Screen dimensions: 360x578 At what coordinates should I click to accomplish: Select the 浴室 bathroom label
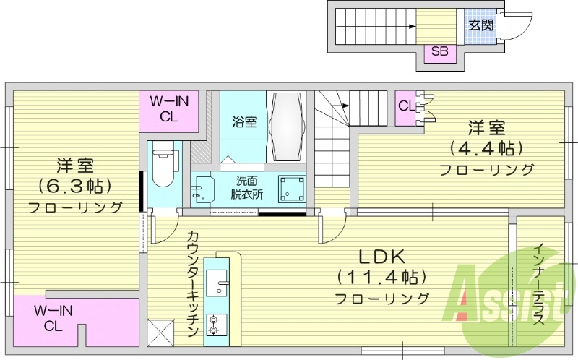tap(244, 121)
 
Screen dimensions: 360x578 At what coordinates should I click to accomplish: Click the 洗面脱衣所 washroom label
tap(246, 187)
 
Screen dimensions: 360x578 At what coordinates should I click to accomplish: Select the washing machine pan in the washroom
tap(292, 189)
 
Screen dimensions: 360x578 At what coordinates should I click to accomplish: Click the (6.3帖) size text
tap(74, 186)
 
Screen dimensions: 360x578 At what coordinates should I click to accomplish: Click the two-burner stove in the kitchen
tap(215, 323)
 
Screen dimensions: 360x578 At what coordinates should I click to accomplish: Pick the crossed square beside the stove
tap(160, 333)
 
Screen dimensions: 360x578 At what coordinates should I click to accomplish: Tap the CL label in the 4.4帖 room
tap(406, 106)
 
